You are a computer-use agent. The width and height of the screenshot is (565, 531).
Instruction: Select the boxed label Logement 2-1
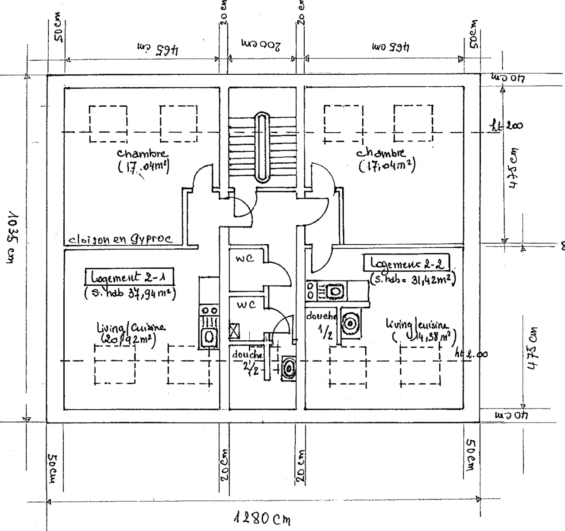coord(129,277)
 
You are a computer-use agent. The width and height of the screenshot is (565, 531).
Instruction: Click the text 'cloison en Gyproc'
coord(119,240)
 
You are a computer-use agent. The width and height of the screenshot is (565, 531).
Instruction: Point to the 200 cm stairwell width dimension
coord(261,46)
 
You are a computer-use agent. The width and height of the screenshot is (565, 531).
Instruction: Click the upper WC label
coord(244,259)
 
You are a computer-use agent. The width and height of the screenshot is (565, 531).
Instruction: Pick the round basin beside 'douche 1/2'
coord(350,323)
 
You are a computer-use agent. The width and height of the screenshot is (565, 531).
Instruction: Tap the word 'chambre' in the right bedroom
coord(380,153)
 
